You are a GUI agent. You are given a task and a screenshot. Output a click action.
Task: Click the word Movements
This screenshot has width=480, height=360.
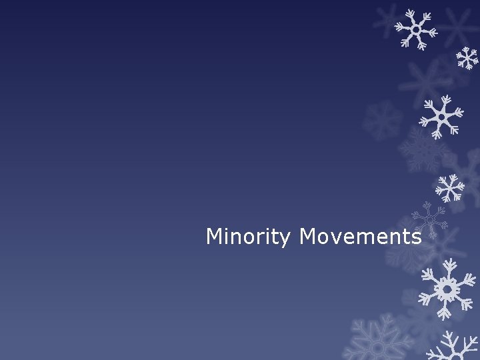click(x=360, y=237)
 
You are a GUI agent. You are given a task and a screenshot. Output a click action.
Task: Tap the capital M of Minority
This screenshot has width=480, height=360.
click(x=215, y=236)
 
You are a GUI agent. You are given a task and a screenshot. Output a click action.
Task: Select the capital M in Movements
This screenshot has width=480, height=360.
click(x=308, y=236)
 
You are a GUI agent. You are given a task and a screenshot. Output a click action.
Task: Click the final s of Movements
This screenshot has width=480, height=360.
click(x=415, y=238)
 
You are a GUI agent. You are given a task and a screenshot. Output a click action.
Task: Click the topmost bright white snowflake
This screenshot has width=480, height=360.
click(x=415, y=29)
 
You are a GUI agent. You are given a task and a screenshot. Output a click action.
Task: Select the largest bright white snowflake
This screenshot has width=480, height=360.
click(x=447, y=288)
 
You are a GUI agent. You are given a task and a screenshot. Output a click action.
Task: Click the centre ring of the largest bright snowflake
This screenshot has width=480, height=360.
click(x=447, y=289)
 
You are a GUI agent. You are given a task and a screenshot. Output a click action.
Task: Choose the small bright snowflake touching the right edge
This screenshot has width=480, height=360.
click(x=467, y=59)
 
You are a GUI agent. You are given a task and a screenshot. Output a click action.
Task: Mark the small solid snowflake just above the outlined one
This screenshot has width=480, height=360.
click(x=450, y=187)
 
